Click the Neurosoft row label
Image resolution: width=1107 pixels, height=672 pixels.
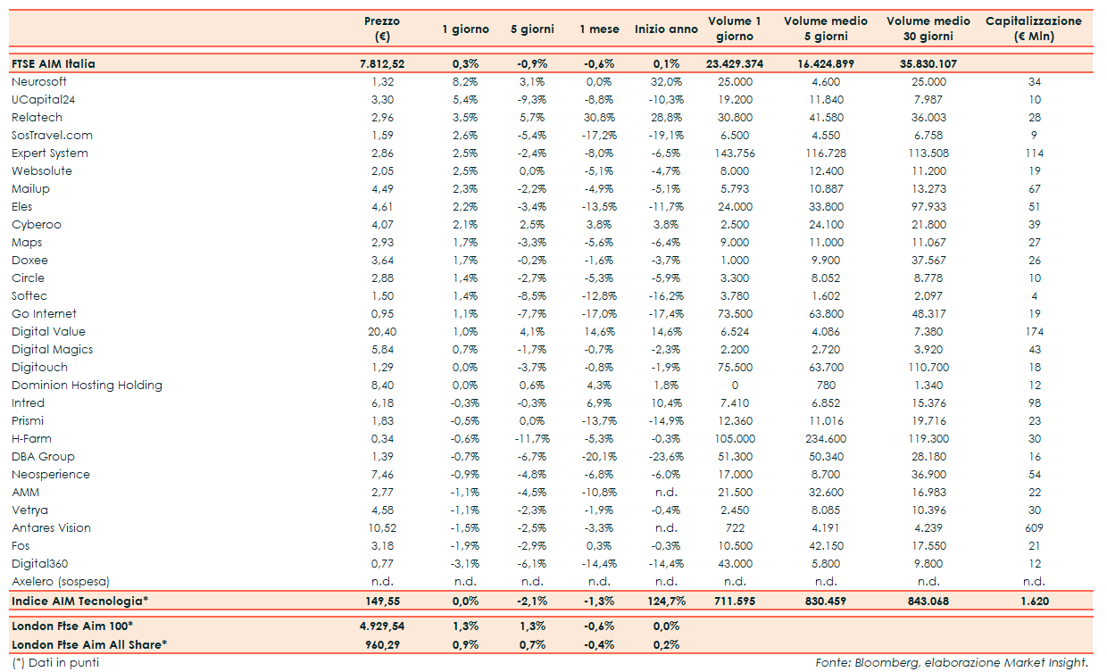[x=38, y=81]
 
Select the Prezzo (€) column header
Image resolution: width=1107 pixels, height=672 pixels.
[x=382, y=29]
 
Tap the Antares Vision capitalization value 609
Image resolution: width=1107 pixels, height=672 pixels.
[x=1035, y=527]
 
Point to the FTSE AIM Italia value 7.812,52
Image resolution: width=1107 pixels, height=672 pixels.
[x=382, y=63]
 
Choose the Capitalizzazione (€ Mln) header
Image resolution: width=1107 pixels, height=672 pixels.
[x=1034, y=29]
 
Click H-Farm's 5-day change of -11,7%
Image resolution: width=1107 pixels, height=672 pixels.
[x=532, y=438]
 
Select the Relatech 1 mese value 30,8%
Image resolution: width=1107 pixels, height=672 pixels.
[x=599, y=117]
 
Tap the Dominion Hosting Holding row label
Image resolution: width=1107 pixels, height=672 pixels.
[x=87, y=385]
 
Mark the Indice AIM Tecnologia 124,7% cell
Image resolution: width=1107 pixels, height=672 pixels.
[x=666, y=601]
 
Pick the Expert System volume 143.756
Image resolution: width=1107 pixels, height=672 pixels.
[x=734, y=153]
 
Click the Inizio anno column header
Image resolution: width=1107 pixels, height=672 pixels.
[x=666, y=29]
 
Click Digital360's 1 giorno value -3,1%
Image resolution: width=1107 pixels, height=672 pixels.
[x=465, y=563]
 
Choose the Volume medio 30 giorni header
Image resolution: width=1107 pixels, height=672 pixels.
[x=928, y=29]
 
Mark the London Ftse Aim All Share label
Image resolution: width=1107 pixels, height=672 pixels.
[x=89, y=643]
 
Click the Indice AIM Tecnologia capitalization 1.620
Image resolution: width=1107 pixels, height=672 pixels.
[x=1035, y=601]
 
